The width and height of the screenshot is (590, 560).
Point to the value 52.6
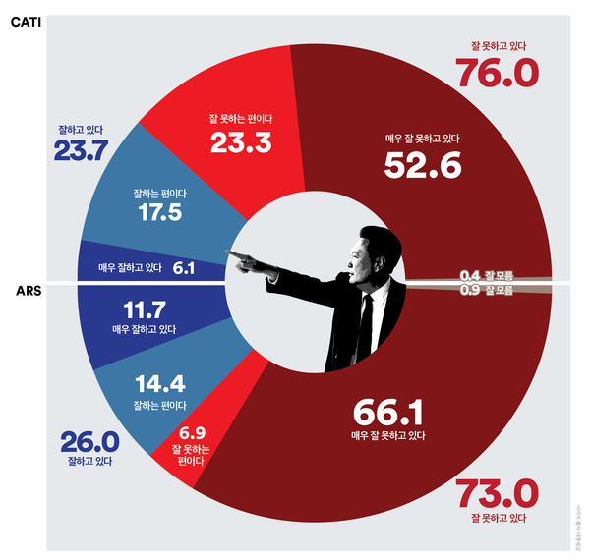tap(423, 166)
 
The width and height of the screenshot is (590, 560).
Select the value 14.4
tap(160, 384)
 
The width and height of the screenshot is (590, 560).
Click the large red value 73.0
tap(492, 488)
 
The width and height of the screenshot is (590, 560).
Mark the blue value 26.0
tap(89, 441)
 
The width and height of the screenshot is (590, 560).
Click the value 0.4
tap(470, 276)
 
